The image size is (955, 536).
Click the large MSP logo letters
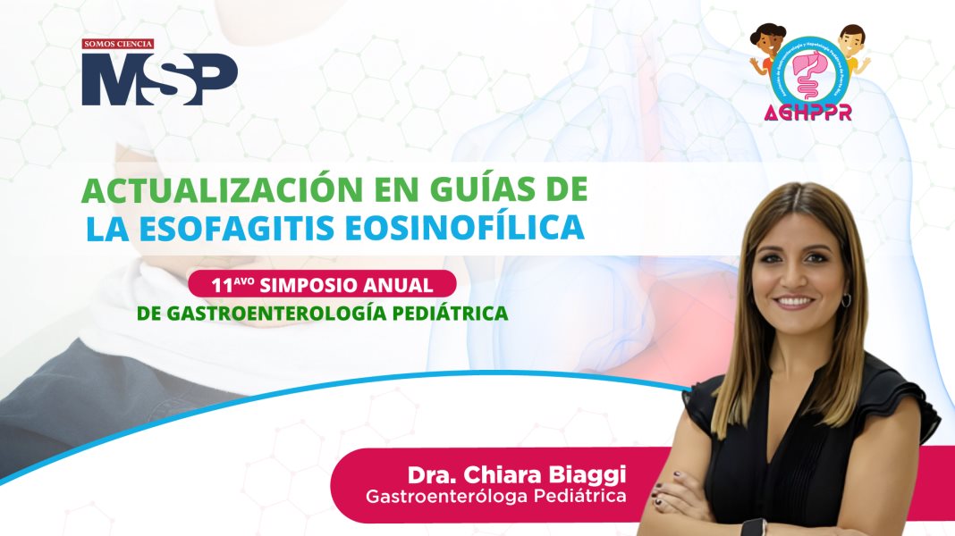tap(159, 79)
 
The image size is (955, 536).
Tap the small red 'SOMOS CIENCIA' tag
tap(118, 44)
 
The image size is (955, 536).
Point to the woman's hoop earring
tap(846, 298)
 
